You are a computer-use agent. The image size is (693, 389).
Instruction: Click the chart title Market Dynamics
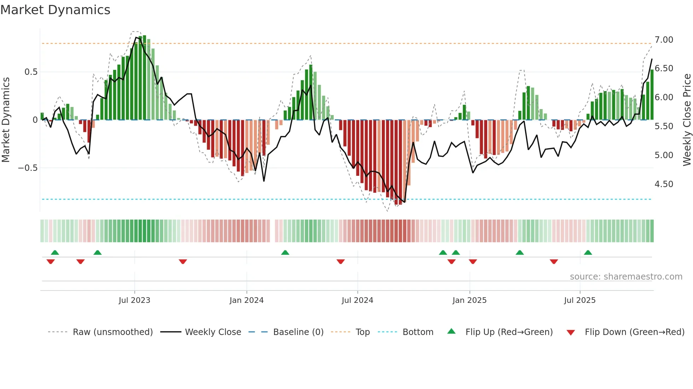click(56, 10)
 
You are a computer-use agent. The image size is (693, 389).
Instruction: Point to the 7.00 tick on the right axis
click(664, 40)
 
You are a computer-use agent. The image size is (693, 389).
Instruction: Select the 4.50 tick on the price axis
click(664, 184)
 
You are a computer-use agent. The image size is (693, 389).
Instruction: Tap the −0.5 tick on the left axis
click(28, 168)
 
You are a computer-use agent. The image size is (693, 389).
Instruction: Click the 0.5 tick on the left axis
click(31, 72)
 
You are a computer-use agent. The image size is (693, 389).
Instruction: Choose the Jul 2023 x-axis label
click(134, 300)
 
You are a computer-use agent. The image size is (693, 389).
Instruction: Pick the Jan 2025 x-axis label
click(469, 300)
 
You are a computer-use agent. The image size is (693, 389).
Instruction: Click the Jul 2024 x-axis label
click(357, 300)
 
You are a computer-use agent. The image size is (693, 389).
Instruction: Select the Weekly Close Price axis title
click(687, 120)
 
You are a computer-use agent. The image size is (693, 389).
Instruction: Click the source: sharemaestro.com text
click(626, 277)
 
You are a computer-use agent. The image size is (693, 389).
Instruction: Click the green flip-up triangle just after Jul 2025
click(588, 253)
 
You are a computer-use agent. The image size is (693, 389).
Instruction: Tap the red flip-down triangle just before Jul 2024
click(340, 261)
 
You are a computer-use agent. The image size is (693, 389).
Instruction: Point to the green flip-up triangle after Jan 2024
click(285, 253)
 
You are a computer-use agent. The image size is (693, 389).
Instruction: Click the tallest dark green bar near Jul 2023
click(144, 78)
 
